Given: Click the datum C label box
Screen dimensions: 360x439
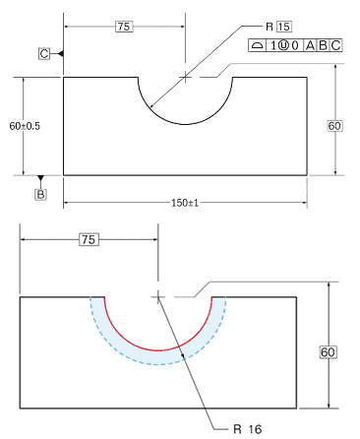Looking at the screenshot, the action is (x=44, y=53).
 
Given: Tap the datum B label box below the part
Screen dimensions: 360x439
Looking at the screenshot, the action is (x=40, y=194).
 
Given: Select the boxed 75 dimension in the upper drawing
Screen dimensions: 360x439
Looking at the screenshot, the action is (x=124, y=27).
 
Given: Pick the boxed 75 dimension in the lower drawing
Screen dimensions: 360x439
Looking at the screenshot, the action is (x=89, y=239).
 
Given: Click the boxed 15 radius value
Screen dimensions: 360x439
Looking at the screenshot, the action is (x=284, y=27).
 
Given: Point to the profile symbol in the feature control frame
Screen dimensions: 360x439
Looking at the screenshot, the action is (x=258, y=45).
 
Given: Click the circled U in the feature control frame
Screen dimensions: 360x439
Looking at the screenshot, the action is (x=283, y=45).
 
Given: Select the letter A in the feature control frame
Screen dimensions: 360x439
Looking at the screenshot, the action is (x=310, y=45).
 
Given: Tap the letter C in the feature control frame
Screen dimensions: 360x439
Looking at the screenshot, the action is (x=335, y=45).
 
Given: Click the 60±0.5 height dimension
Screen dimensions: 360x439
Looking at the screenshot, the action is (x=25, y=126).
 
